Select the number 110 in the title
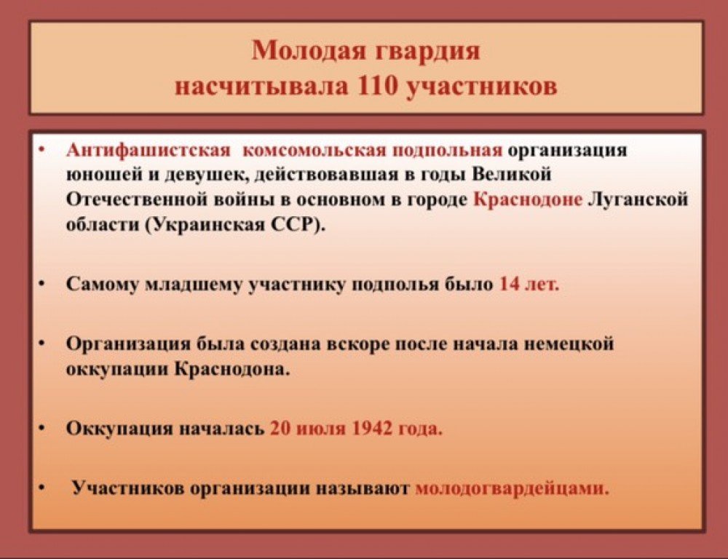tap(376, 87)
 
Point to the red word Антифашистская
tap(149, 151)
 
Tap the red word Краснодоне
tap(528, 199)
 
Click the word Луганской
tap(638, 199)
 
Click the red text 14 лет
tap(529, 283)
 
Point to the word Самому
tap(103, 285)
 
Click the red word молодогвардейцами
tap(511, 489)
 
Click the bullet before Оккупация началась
tap(42, 428)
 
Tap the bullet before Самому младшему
tap(42, 284)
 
